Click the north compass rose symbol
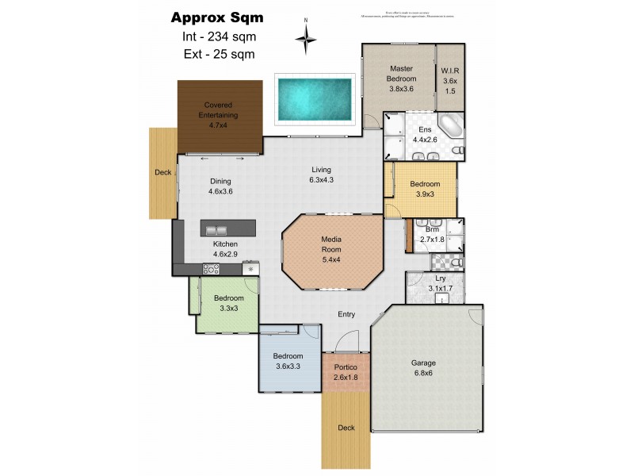tap(306, 36)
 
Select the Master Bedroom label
tap(400, 74)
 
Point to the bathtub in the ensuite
tap(450, 126)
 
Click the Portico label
tap(346, 368)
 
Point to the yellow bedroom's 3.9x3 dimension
tap(424, 194)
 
